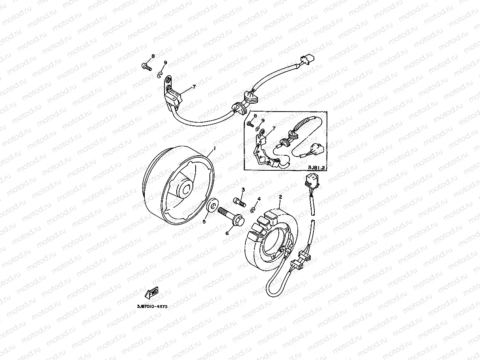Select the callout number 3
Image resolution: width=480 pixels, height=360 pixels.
[243, 190]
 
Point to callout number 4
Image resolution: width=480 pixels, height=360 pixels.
[259, 199]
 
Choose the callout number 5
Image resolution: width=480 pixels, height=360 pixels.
[204, 222]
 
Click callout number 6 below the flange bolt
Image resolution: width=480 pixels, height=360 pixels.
[227, 233]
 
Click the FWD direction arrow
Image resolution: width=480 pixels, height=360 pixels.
[151, 293]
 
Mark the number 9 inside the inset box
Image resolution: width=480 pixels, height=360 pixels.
[263, 121]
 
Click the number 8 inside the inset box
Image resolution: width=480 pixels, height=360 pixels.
[255, 116]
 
